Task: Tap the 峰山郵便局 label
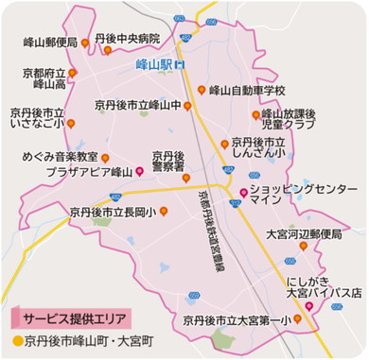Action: click(48, 43)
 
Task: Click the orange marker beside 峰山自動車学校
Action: click(202, 91)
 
